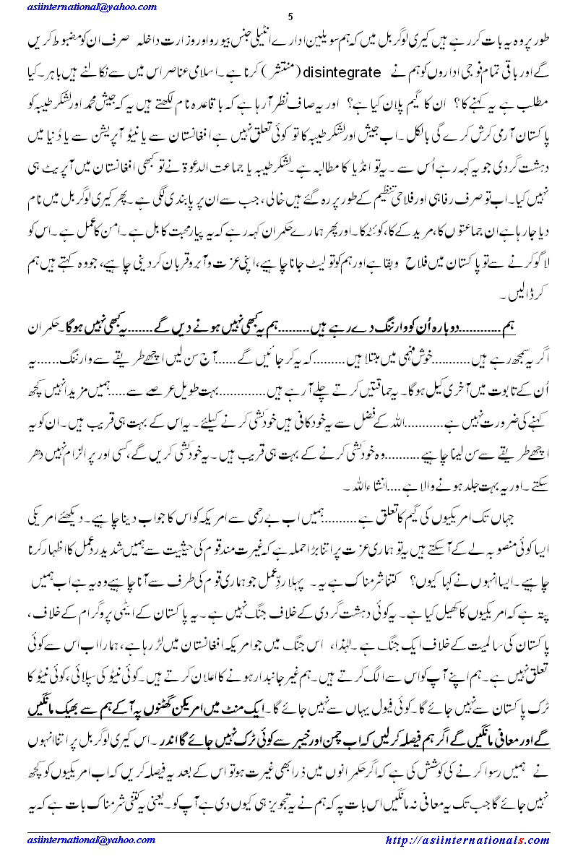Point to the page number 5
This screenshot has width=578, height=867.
[290, 17]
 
